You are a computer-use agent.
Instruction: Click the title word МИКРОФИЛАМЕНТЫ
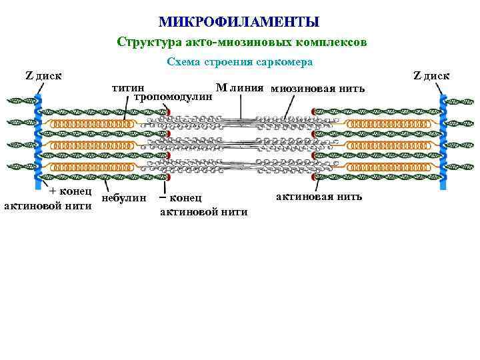(239, 23)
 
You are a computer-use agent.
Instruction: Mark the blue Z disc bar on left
(37, 140)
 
